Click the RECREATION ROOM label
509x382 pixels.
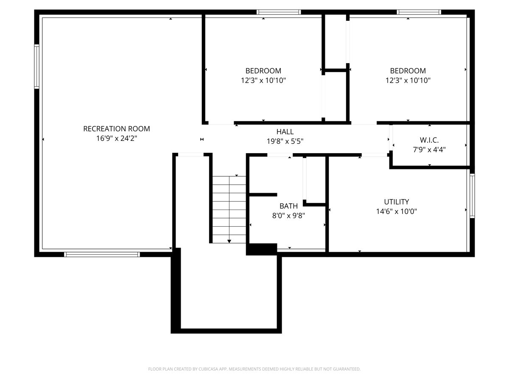pyautogui.click(x=116, y=129)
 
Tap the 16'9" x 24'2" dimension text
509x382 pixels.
pyautogui.click(x=117, y=138)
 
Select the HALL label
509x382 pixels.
pyautogui.click(x=285, y=132)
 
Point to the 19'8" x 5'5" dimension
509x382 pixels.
pyautogui.click(x=285, y=141)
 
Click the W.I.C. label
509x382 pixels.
pyautogui.click(x=429, y=140)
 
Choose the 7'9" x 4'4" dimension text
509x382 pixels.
pyautogui.click(x=429, y=149)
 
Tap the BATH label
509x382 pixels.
pyautogui.click(x=288, y=206)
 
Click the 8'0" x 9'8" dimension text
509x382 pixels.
pyautogui.click(x=288, y=216)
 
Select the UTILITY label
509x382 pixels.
pyautogui.click(x=397, y=202)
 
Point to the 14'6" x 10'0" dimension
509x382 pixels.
pyautogui.click(x=397, y=211)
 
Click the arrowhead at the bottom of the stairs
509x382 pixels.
pyautogui.click(x=229, y=241)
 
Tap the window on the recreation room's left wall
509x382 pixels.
pyautogui.click(x=36, y=67)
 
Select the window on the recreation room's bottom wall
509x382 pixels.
pyautogui.click(x=102, y=254)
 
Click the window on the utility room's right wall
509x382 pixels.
pyautogui.click(x=472, y=196)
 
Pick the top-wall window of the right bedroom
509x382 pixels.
pyautogui.click(x=419, y=12)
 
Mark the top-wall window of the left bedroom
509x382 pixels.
pyautogui.click(x=279, y=12)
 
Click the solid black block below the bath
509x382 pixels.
pyautogui.click(x=262, y=249)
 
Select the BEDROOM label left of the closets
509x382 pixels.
pyautogui.click(x=263, y=71)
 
